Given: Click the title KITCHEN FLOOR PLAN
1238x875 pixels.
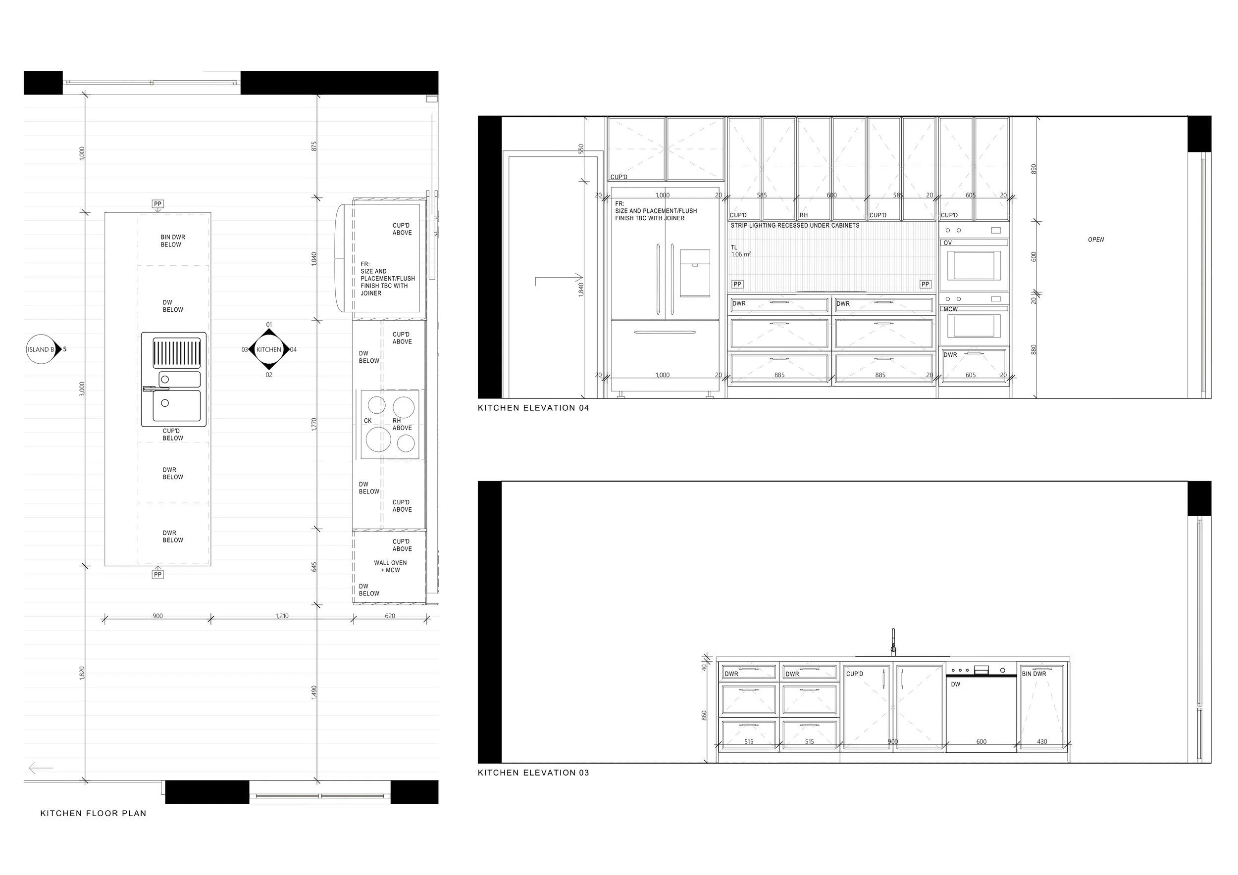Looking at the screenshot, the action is click(93, 813).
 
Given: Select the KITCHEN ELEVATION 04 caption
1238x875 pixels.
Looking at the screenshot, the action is click(533, 408).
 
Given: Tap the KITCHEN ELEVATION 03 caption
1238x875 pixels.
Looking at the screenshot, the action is click(533, 773).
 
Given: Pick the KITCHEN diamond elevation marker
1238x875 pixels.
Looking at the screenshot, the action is click(269, 350).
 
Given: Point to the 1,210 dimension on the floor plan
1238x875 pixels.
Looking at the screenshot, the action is click(281, 616).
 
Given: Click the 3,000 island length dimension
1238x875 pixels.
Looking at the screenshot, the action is click(82, 389).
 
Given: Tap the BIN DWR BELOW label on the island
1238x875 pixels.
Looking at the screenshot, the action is click(172, 241).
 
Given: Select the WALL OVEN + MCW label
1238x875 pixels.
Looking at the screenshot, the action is click(390, 566).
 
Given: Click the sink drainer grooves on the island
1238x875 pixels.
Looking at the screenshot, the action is click(176, 352).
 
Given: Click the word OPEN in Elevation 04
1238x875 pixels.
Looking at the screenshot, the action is click(1096, 240).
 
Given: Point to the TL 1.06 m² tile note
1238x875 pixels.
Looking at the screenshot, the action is click(741, 251).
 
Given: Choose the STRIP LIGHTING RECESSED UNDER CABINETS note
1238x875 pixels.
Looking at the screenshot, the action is click(795, 226).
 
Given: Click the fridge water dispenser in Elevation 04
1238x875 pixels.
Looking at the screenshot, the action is click(695, 273).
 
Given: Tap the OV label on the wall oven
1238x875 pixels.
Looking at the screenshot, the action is click(947, 243).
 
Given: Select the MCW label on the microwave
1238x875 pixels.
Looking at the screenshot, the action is click(951, 309).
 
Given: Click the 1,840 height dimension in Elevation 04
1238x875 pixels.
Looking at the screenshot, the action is click(581, 290).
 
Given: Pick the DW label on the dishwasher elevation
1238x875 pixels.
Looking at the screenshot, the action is click(955, 684).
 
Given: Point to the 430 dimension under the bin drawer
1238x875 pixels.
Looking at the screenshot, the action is click(1042, 742).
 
